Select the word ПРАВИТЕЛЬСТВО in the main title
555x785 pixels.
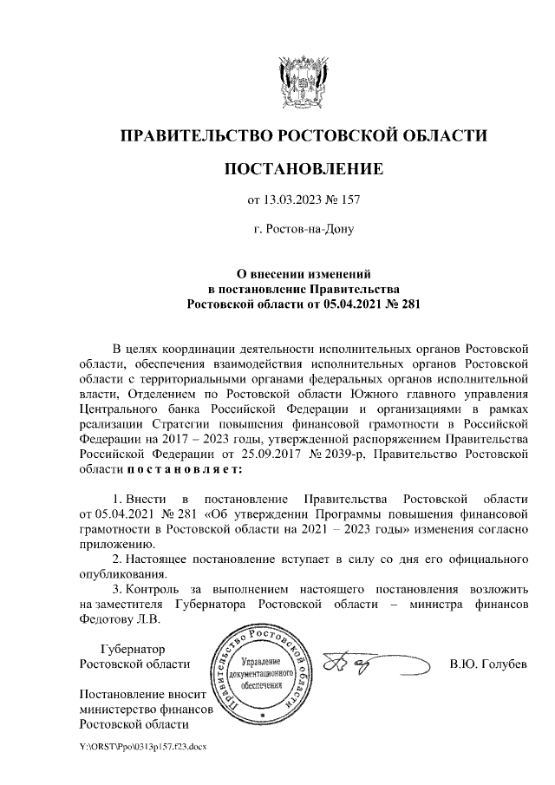coord(192,135)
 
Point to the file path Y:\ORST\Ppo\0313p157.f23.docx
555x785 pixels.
coord(143,746)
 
